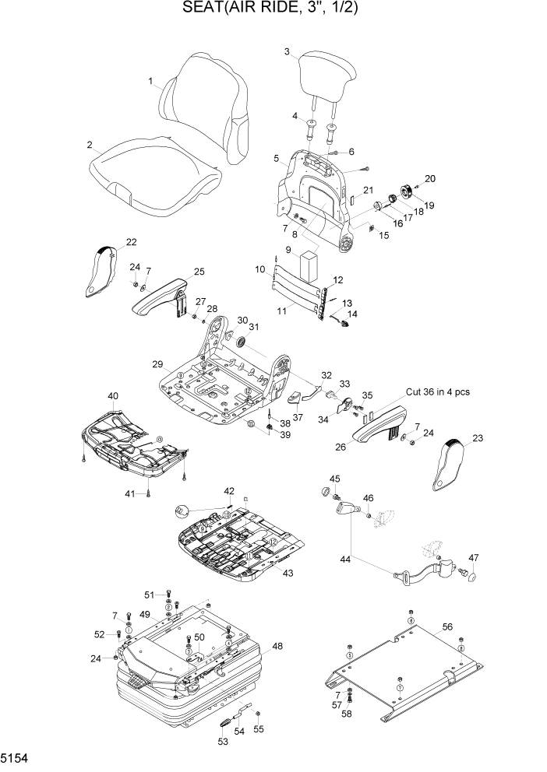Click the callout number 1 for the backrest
point(150,81)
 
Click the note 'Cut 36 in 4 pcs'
point(437,392)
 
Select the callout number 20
point(430,178)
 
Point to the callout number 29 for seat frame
point(157,364)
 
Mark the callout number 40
point(113,396)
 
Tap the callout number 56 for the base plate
point(446,626)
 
